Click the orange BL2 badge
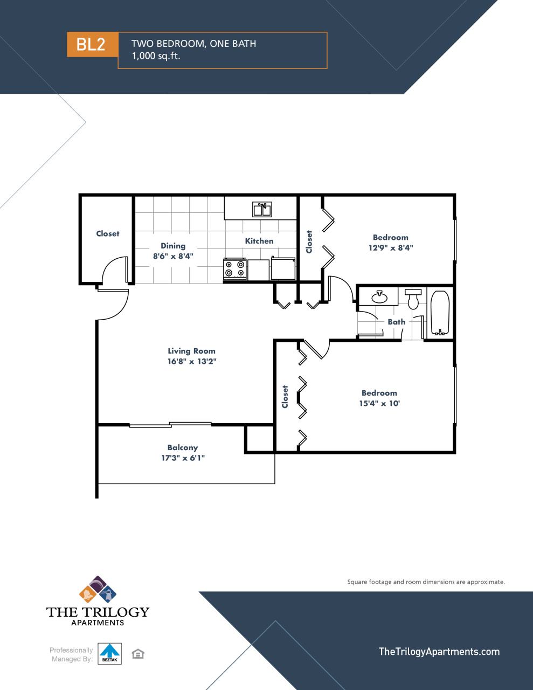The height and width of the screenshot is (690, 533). (92, 44)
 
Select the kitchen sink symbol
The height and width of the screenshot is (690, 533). (262, 209)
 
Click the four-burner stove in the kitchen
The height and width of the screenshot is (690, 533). (235, 268)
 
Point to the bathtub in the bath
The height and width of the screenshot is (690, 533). (440, 313)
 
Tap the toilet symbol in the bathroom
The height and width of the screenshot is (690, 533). (414, 300)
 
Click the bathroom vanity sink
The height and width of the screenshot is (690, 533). (379, 296)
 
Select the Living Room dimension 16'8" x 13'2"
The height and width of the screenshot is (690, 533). (192, 361)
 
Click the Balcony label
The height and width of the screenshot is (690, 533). (183, 447)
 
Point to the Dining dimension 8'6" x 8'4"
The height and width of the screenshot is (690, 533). (172, 256)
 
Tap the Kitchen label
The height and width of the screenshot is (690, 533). (259, 241)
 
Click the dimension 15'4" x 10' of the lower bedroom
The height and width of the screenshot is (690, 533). (379, 403)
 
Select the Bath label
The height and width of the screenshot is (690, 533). (397, 322)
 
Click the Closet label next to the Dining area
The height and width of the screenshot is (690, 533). (108, 233)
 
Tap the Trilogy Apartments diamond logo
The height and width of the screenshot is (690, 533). (98, 590)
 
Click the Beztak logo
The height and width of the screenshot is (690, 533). (110, 653)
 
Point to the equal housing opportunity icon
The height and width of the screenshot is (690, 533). (138, 654)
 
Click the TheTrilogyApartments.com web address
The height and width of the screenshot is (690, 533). (439, 652)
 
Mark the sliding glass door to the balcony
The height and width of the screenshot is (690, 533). (170, 425)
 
